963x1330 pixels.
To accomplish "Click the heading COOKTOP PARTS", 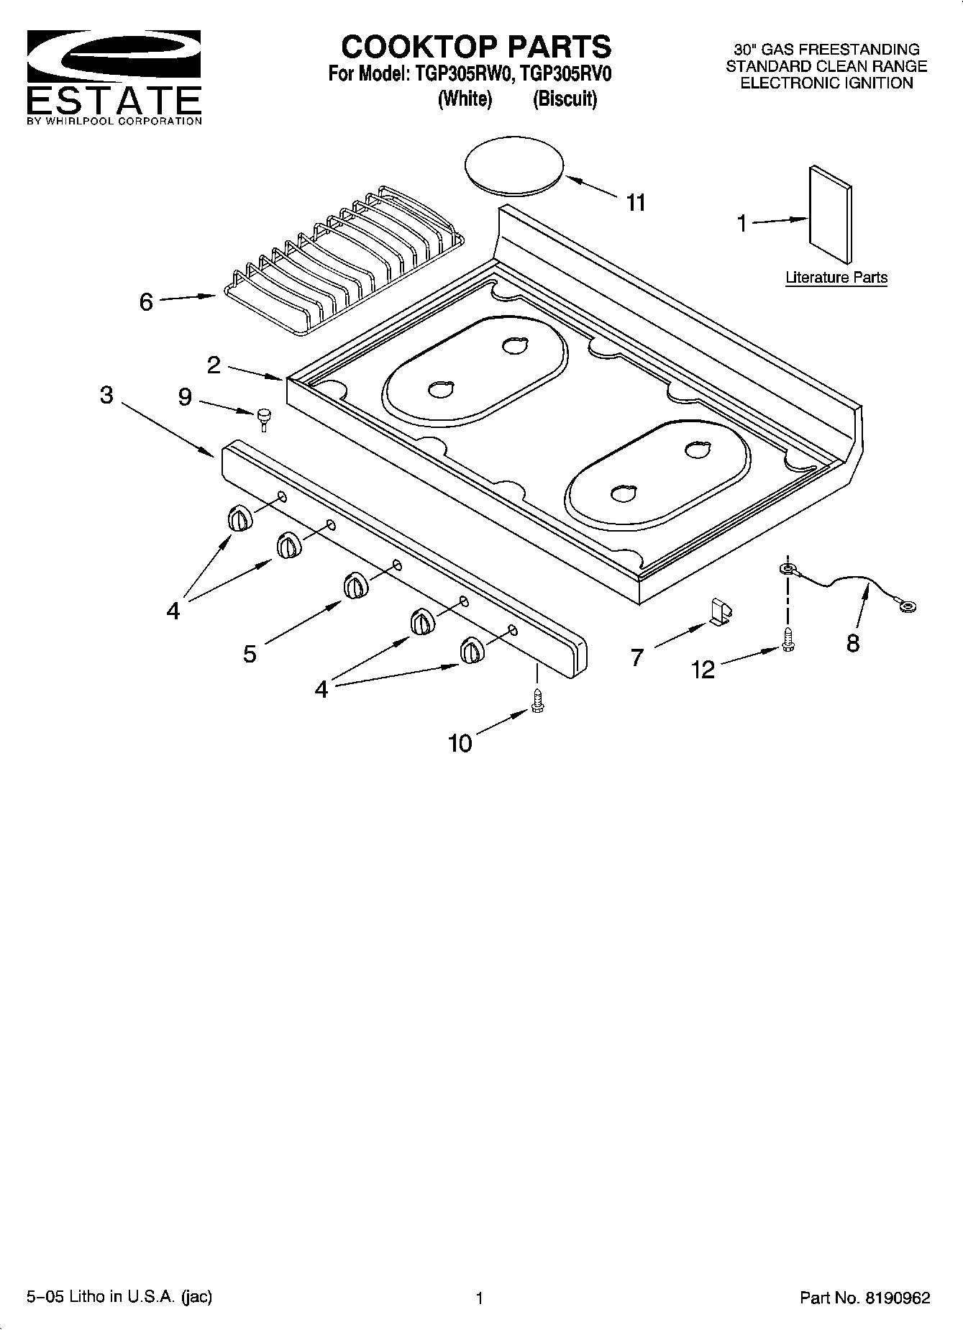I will (475, 47).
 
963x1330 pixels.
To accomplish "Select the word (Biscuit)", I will (565, 99).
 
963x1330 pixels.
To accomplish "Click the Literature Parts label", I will (836, 277).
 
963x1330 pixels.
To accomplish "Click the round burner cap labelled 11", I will (514, 168).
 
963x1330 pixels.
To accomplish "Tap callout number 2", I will (214, 365).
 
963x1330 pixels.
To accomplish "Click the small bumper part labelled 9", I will (265, 418).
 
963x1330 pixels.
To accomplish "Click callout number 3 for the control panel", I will (106, 395).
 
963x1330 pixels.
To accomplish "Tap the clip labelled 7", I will (720, 611).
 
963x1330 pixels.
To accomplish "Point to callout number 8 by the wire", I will (853, 642).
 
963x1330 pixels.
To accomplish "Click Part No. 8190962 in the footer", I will (865, 1298).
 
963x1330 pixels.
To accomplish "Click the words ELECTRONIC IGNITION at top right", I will (826, 83).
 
